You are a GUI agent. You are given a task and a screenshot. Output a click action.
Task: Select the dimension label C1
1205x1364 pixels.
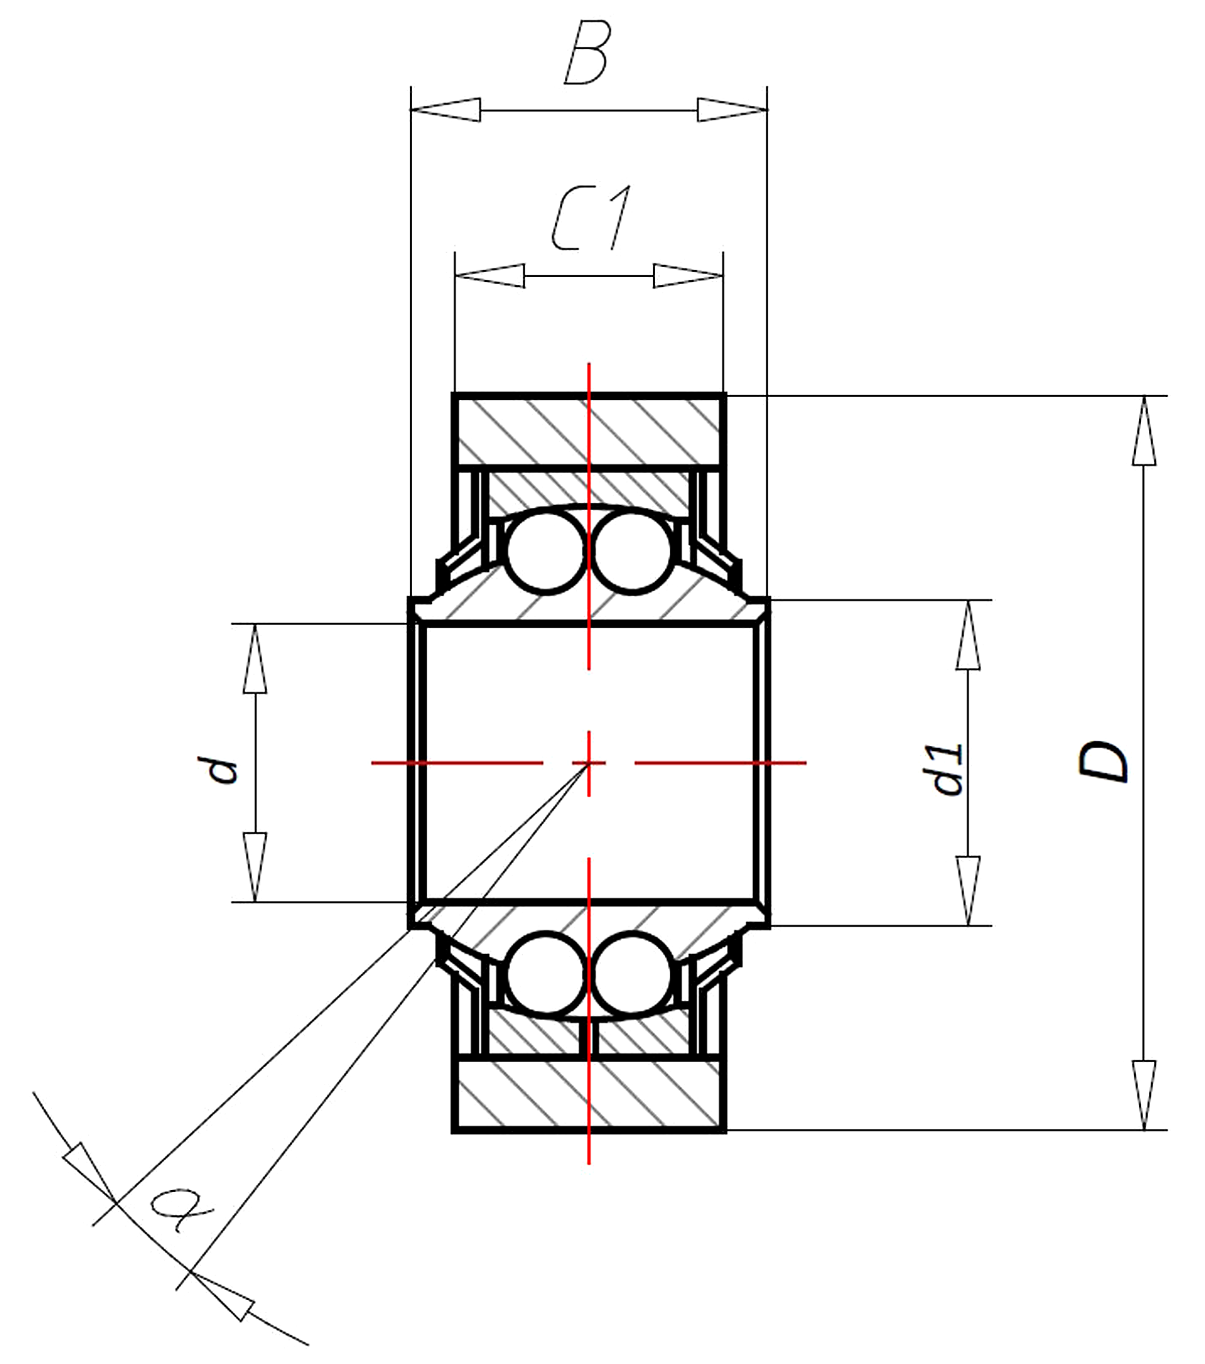tap(591, 218)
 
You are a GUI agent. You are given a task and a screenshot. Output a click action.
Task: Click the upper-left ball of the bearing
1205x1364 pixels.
tap(546, 552)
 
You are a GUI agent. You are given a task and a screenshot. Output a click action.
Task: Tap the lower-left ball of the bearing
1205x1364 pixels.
tap(546, 974)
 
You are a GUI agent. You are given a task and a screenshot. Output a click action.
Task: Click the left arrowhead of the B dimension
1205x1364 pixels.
tap(446, 109)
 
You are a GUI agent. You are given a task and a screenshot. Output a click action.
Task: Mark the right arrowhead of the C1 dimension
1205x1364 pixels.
tap(688, 276)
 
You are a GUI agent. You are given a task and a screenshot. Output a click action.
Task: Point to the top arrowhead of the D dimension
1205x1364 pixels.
tap(1144, 430)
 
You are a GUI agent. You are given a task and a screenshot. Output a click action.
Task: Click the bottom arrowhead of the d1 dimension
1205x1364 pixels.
tap(968, 891)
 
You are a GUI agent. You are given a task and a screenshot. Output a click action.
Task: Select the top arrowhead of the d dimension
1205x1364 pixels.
tap(255, 658)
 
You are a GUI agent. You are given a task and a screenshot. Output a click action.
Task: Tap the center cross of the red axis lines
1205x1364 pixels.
tap(588, 762)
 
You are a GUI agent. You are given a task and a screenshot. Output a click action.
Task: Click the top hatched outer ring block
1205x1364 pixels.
tap(588, 430)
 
